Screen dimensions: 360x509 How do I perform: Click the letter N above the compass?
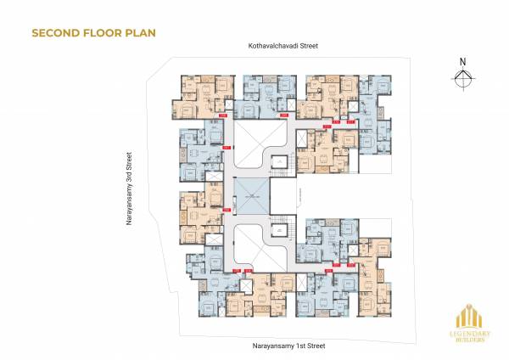[x=461, y=61]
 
